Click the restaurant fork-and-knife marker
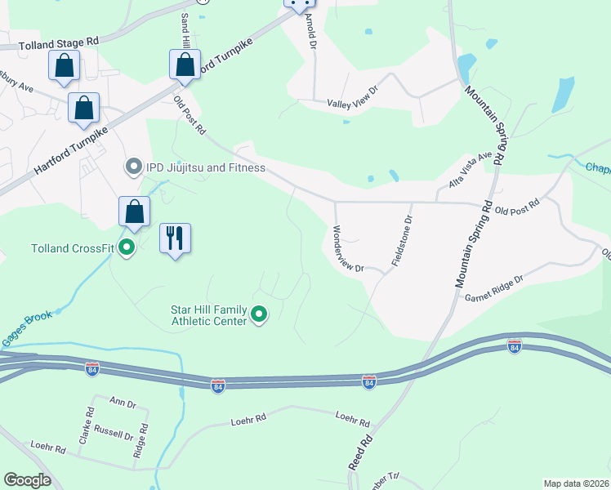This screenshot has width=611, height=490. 175,238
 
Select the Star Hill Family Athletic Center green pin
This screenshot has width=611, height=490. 259,314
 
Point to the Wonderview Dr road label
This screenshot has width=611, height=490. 346,250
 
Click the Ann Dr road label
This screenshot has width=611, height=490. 122,403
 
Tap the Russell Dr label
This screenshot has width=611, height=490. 113,432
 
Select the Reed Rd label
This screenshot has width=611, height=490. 360,451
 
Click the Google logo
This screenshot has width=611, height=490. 27,480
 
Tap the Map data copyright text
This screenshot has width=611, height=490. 576,483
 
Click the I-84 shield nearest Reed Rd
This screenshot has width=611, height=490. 369,381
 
